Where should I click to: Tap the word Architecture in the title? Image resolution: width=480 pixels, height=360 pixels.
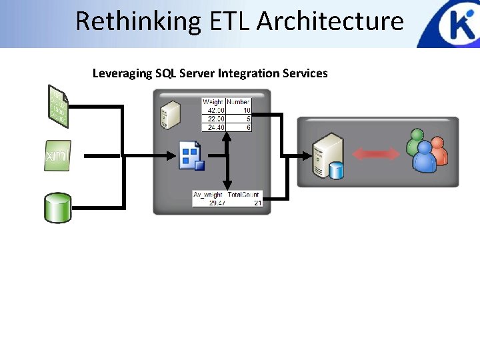(331, 21)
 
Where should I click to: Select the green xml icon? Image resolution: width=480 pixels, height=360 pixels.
(57, 155)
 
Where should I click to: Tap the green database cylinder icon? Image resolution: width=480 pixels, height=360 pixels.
(57, 207)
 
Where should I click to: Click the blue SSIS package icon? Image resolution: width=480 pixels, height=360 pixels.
(191, 157)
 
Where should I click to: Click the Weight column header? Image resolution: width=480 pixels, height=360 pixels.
(213, 102)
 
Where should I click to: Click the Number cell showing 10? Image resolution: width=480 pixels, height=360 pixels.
(247, 110)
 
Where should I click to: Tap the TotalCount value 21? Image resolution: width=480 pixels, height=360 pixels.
(257, 203)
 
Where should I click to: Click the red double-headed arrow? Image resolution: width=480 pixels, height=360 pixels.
(376, 154)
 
